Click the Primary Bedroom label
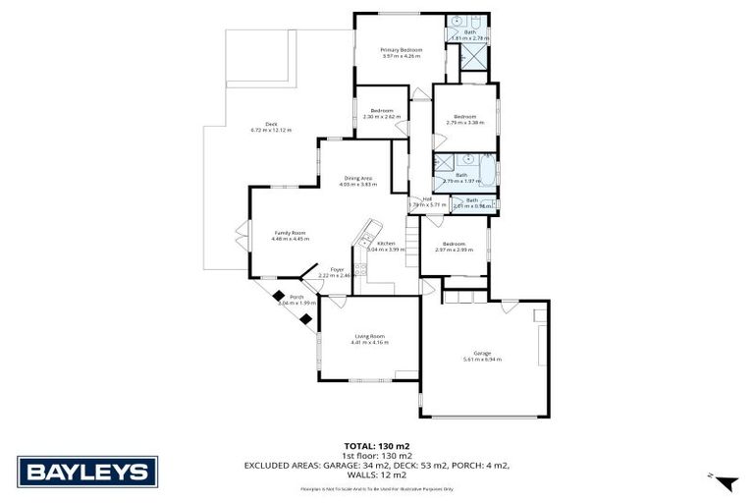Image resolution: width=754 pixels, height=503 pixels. pos(402,49)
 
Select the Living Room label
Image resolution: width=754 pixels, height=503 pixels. pos(371,336)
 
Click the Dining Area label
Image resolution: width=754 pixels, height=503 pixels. pos(357,178)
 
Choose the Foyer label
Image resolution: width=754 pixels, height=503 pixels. pos(338,269)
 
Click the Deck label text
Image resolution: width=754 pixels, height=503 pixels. pos(256,124)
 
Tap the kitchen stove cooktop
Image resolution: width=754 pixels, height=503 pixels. pos(361,271)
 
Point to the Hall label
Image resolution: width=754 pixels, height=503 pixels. pos(428,199)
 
